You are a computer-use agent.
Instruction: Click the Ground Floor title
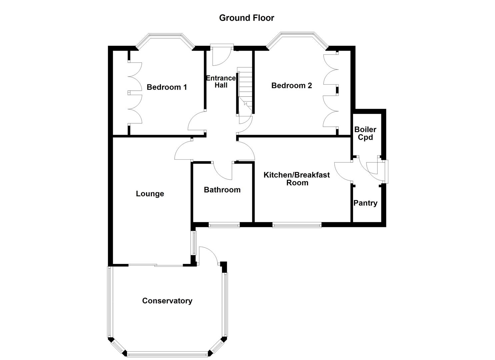coord(246,18)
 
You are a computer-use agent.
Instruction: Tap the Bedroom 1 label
coord(167,87)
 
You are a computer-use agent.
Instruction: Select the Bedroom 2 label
coord(291,86)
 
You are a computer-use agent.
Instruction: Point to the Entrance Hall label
coord(221,82)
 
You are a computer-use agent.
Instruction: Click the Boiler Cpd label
coord(365,133)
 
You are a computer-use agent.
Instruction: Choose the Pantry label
coord(365,203)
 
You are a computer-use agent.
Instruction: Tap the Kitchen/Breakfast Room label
coord(297,179)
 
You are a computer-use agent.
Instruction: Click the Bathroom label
coord(222,190)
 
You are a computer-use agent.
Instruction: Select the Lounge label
coord(150,194)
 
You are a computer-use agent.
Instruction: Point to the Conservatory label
coord(167,301)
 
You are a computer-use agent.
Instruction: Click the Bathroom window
coord(224,225)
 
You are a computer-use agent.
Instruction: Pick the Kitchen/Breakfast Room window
coord(297,225)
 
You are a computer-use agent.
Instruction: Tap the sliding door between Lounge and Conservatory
coord(156,265)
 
